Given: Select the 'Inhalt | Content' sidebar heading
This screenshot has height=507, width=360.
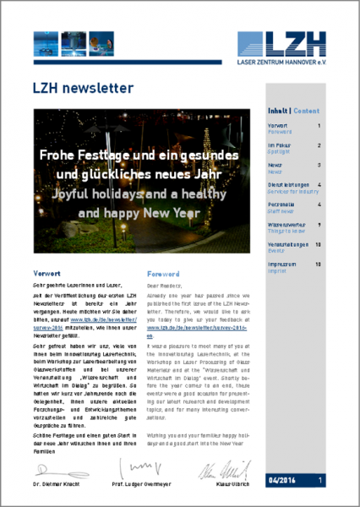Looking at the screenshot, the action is (x=293, y=111).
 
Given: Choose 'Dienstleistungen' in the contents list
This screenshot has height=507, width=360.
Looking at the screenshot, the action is (x=288, y=183).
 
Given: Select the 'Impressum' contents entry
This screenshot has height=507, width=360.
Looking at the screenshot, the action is (x=282, y=264).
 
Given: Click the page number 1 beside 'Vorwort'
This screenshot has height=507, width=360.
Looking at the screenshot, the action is (x=319, y=126).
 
